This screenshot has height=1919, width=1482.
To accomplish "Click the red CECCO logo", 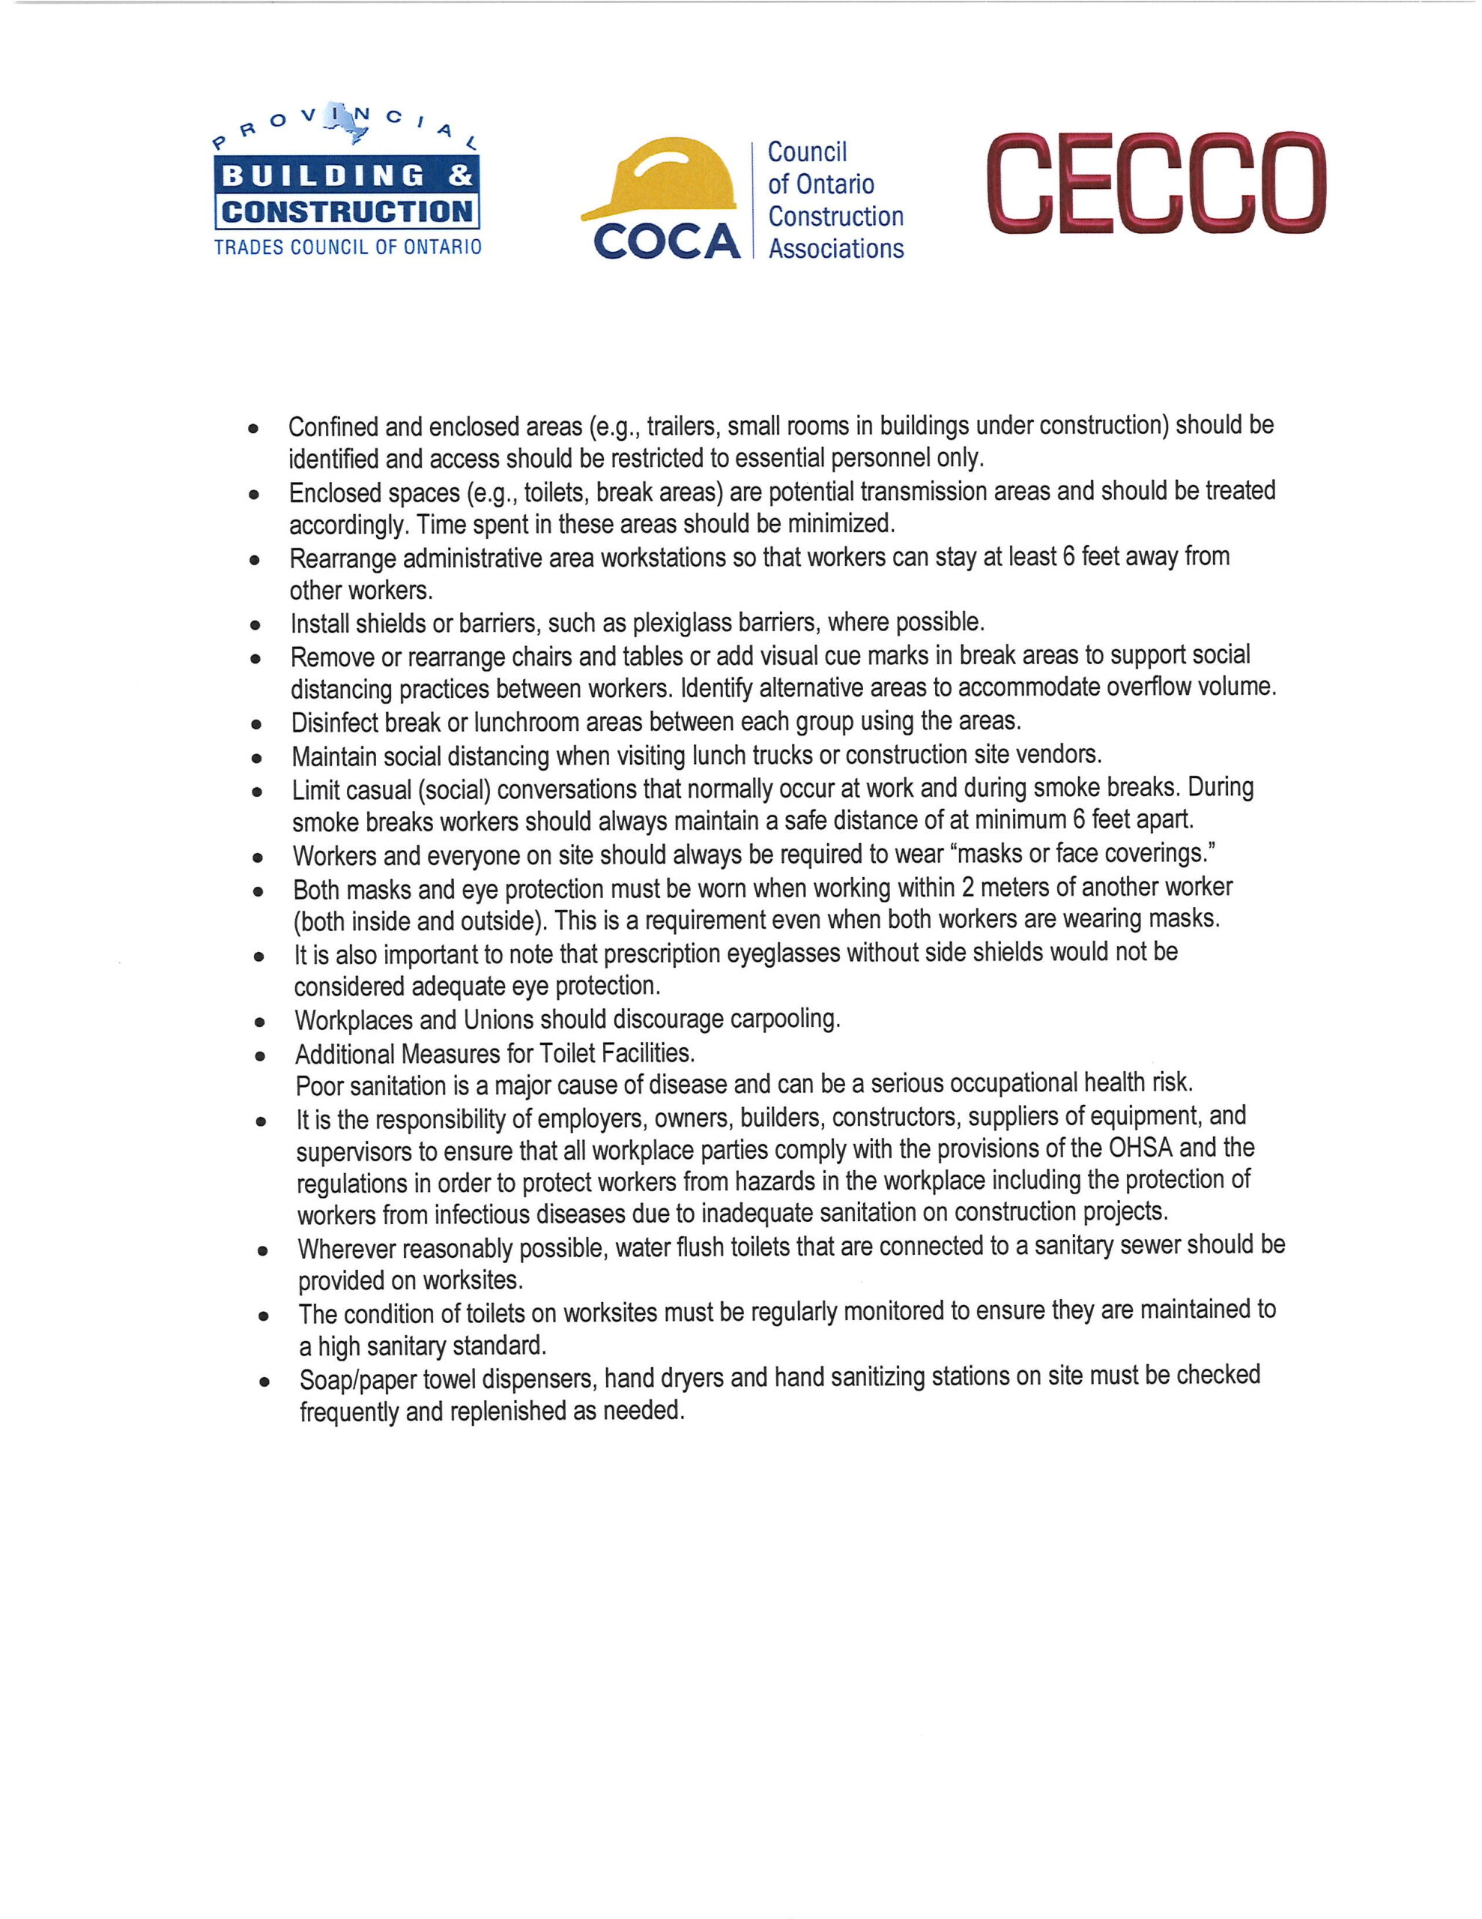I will (x=1155, y=184).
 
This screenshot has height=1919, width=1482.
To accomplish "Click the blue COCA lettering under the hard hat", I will (x=667, y=241).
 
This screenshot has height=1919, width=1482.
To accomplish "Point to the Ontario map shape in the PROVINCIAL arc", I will (x=345, y=121).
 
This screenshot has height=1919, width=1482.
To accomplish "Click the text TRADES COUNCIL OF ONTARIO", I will (x=348, y=247).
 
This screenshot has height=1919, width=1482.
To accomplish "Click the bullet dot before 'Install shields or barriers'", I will (x=255, y=627).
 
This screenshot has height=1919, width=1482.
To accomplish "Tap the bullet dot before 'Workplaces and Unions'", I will (x=259, y=1022).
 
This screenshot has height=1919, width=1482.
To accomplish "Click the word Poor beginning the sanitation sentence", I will (x=319, y=1086).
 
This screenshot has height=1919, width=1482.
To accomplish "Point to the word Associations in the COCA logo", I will (x=835, y=249).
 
